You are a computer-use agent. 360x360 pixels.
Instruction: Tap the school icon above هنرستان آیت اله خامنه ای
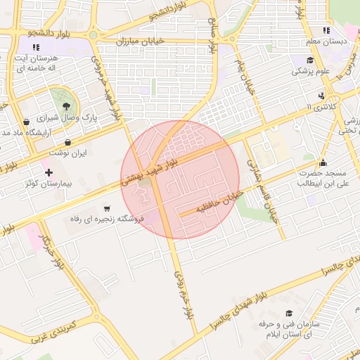36,47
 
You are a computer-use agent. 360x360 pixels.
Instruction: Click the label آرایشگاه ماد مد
29,132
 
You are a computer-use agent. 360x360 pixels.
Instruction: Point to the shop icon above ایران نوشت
67,142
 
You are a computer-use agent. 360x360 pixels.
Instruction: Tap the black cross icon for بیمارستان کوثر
49,172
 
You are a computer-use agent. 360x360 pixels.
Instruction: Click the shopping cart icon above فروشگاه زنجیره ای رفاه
106,208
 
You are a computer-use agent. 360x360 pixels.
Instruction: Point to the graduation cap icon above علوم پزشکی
310,60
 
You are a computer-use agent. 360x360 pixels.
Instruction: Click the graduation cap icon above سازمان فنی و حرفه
288,314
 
